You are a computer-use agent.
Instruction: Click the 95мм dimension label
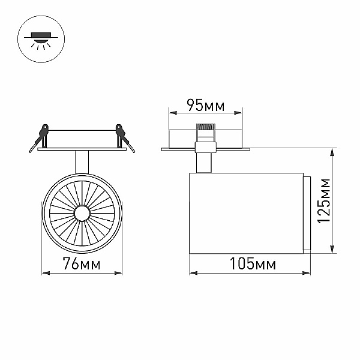click(206, 106)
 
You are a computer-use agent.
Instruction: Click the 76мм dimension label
click(82, 263)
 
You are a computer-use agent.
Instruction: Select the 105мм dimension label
click(253, 264)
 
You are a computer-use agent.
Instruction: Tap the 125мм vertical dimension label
click(323, 200)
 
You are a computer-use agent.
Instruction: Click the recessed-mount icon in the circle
click(41, 39)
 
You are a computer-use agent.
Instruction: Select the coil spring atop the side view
click(205, 127)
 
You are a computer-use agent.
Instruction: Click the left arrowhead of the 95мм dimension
click(173, 113)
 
